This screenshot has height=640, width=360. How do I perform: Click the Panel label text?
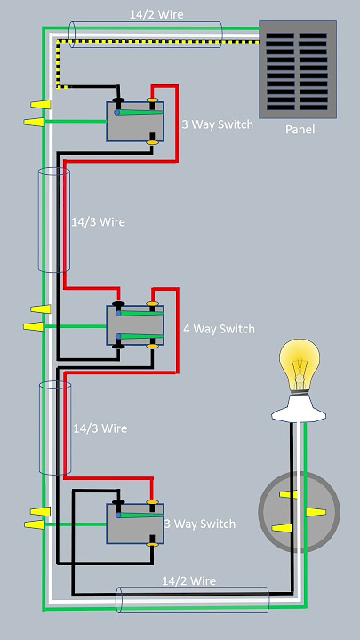300,130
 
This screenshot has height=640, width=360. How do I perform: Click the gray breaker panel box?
298,70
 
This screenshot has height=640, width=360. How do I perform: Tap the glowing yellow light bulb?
300,365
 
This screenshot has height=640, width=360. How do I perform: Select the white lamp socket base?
299,409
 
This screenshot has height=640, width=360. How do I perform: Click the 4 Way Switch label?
219,329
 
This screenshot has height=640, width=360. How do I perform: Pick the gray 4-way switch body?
135,325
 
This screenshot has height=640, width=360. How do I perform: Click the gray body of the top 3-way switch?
135,122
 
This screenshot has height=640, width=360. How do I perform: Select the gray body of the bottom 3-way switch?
135,524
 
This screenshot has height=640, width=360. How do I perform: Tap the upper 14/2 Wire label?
156,15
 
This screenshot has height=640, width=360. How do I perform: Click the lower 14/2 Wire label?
188,580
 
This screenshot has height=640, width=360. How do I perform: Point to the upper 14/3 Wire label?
98,222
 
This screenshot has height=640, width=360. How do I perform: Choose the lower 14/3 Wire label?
100,428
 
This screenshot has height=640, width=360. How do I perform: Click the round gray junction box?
300,512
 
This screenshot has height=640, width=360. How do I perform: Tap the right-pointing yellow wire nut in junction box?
316,512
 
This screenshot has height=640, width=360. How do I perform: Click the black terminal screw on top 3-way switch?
118,100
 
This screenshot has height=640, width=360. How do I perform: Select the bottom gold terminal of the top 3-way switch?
152,142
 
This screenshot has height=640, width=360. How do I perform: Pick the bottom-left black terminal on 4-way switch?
118,346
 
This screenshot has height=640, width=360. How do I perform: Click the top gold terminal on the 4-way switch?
152,304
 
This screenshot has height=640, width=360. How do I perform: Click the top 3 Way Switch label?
217,124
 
